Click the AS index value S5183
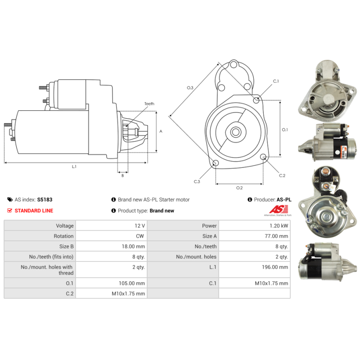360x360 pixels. tap(45, 199)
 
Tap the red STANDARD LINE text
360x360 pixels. tap(34, 211)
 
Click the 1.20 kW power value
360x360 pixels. tap(279, 226)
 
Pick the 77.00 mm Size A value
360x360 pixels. tap(276, 236)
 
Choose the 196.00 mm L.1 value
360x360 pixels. tap(275, 267)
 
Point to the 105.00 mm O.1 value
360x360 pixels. tap(132, 283)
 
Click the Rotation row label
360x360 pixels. tap(63, 236)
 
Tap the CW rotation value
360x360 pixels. tap(140, 236)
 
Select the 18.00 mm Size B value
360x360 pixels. tap(133, 246)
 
